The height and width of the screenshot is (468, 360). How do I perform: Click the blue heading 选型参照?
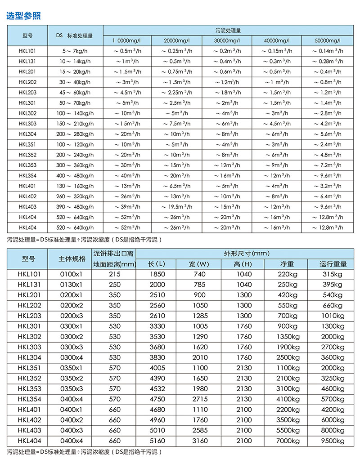[23, 16]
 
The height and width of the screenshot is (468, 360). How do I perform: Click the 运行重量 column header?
[333, 264]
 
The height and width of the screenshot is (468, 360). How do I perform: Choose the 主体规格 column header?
[72, 259]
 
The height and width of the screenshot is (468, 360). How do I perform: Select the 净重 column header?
[287, 264]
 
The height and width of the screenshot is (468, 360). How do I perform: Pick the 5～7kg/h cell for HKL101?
[76, 51]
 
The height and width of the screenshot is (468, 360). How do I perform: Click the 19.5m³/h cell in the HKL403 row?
[177, 207]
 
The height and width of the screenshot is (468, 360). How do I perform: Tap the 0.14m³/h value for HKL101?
[328, 51]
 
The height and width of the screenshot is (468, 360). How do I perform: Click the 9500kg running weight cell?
[333, 441]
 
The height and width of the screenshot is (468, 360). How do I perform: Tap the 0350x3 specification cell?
[72, 388]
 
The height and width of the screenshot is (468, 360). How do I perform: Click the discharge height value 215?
[115, 274]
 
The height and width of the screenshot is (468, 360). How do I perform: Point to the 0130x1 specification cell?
[72, 284]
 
